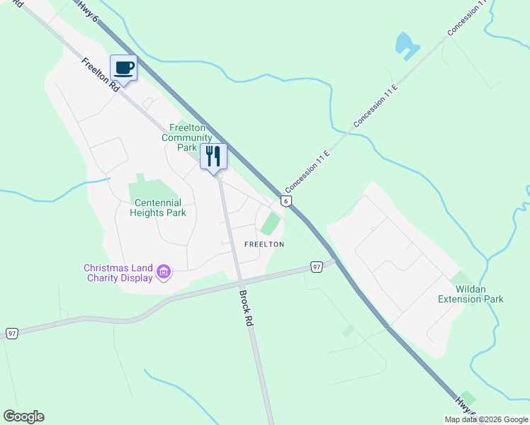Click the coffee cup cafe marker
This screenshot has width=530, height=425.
pos(123,68)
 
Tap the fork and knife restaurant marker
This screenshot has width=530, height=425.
pos(213,156)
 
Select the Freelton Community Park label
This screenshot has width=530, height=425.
pos(187,137)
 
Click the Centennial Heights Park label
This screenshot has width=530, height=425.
pos(159,208)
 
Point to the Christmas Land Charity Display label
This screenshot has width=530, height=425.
pos(118,273)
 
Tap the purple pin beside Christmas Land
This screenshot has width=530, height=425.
pos(164,272)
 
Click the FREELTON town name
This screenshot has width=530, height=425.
pos(264,244)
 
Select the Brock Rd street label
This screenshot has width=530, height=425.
pos(245,307)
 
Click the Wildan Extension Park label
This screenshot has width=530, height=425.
pos(470,294)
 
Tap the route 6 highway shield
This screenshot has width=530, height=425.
pos(286,201)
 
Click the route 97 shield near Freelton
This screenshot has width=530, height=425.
pos(317,266)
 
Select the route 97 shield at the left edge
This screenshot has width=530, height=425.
pos(11,333)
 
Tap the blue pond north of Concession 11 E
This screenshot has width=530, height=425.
pos(405,45)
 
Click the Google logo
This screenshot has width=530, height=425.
pos(23,416)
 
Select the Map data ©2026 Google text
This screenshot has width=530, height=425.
pos(486,419)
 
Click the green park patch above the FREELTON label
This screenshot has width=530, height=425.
pos(270,224)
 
